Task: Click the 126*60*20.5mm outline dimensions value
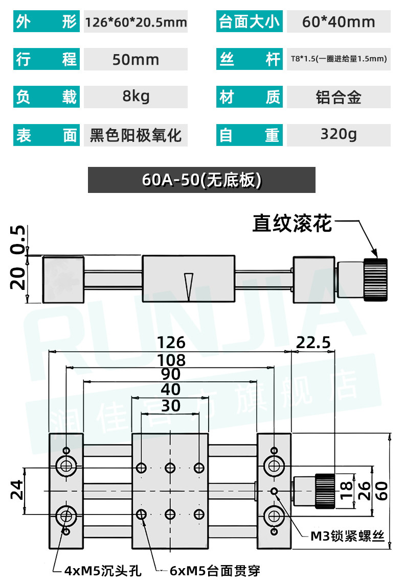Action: pyautogui.click(x=136, y=22)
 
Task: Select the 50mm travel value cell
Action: pyautogui.click(x=136, y=59)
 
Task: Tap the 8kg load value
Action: pyautogui.click(x=136, y=96)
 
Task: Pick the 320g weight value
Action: pyautogui.click(x=339, y=134)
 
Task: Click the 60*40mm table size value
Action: pyautogui.click(x=339, y=22)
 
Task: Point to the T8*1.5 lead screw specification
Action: pyautogui.click(x=339, y=59)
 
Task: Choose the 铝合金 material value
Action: pyautogui.click(x=339, y=97)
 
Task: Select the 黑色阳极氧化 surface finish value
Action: pyautogui.click(x=136, y=135)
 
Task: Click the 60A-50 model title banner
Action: pyautogui.click(x=201, y=180)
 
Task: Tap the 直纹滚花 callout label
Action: pyautogui.click(x=292, y=224)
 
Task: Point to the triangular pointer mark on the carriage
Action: pyautogui.click(x=188, y=287)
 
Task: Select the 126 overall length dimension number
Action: pyautogui.click(x=171, y=343)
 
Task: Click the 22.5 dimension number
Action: pyautogui.click(x=313, y=343)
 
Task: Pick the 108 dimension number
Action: pyautogui.click(x=171, y=360)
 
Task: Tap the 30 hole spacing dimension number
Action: pyautogui.click(x=171, y=406)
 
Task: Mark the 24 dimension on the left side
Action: pyautogui.click(x=17, y=490)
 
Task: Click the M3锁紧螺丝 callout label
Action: pyautogui.click(x=347, y=536)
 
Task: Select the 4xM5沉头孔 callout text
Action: pyautogui.click(x=103, y=571)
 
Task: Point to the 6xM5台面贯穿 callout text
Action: pyautogui.click(x=215, y=571)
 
